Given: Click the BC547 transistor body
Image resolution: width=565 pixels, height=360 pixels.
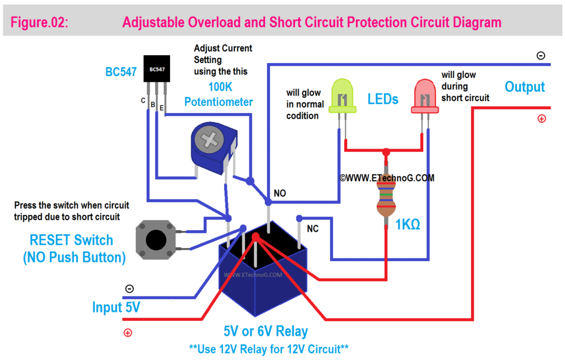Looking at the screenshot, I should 156,69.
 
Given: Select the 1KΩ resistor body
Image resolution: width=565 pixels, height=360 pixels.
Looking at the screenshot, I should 386,196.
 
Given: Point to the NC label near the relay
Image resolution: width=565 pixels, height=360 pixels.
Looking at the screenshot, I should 313,228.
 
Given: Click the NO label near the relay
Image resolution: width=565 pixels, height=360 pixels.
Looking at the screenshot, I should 280,194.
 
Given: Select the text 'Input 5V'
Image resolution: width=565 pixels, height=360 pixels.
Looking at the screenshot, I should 116,308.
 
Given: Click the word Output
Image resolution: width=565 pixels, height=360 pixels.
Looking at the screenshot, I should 525,87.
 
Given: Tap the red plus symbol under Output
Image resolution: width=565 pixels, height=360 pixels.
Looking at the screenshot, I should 541,118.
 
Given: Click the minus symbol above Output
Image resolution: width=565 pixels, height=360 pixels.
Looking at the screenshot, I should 541,55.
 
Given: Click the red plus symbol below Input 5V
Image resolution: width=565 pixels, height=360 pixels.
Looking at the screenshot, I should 127,332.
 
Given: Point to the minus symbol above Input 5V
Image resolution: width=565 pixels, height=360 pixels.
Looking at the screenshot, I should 129,289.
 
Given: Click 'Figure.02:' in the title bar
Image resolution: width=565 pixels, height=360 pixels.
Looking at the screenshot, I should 40,23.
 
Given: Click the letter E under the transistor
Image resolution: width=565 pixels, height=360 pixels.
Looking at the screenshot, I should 162,109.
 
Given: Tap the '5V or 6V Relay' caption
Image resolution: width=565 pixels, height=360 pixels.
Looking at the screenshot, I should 266,331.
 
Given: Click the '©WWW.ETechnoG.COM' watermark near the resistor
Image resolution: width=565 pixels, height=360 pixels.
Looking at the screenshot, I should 387,178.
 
